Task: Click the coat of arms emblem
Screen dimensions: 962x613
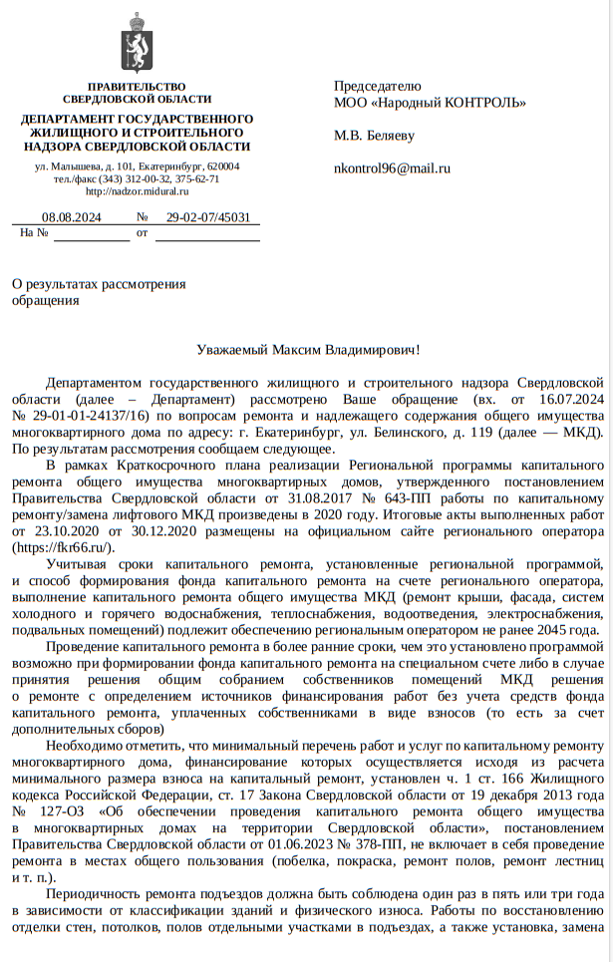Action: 137,43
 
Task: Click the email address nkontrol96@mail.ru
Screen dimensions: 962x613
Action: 392,168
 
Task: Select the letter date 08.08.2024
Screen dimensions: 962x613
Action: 71,217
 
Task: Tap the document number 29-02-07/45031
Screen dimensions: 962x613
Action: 207,217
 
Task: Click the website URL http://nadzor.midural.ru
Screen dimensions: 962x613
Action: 137,190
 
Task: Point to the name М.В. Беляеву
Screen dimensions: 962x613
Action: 374,136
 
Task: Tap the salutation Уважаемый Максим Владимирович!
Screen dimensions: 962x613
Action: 307,350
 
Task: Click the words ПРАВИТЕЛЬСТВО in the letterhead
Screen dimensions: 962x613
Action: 136,87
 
